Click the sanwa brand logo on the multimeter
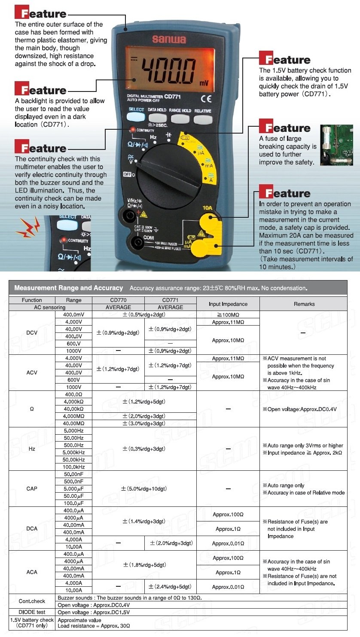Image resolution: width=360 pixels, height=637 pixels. pos(169,40)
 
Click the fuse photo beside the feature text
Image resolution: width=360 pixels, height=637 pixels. pos(336,145)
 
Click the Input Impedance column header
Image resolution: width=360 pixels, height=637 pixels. pos(228,304)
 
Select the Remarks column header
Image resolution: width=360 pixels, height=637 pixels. pos(304,304)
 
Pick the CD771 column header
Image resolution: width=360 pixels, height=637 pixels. pos(170,300)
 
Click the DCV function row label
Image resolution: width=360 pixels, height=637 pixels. pos(32,332)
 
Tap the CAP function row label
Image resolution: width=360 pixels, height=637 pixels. pos(32,488)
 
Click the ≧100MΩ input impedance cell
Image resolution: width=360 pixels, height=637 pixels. pos(228,315)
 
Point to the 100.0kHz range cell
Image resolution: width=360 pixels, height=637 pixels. pos(74,467)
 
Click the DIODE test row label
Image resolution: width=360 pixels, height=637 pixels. pos(32,612)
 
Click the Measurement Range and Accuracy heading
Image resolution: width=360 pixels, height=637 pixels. pos(69,288)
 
